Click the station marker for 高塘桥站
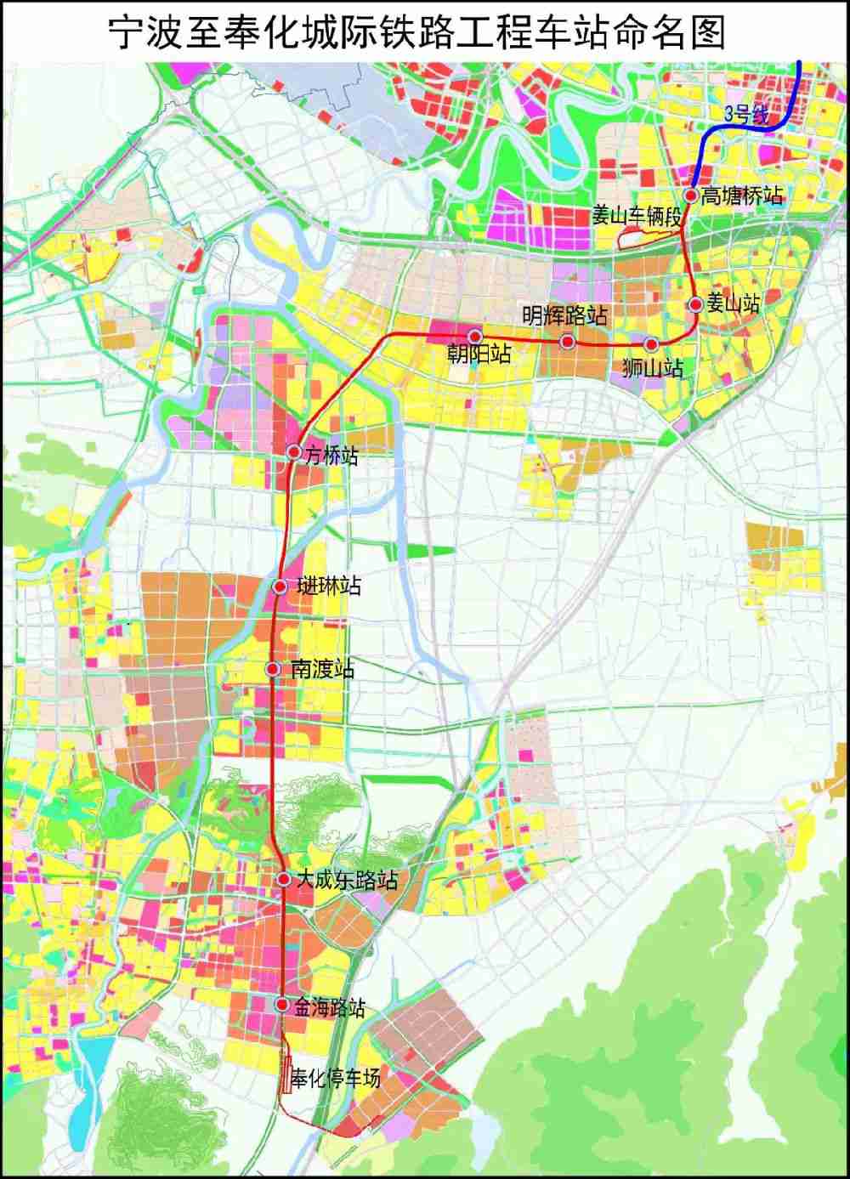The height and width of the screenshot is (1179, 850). point(691,196)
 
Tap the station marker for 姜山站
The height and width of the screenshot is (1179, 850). point(695,304)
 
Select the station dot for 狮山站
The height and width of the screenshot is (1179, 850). point(651,344)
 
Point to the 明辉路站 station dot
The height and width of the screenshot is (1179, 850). point(567,342)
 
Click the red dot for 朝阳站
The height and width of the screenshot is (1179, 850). point(475,337)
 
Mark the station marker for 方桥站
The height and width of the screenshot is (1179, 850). point(294,451)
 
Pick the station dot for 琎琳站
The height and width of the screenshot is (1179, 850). point(280,587)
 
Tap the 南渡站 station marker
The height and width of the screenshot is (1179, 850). point(273,669)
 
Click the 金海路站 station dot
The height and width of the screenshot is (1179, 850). point(282,1005)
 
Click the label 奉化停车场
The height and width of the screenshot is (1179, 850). point(336,1080)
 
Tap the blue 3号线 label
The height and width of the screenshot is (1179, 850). point(745,116)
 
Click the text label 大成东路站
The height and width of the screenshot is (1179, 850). point(346,879)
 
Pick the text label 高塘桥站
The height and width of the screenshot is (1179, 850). point(742,196)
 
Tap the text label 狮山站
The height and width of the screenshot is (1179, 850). point(653,369)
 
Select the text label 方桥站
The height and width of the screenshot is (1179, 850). point(331,456)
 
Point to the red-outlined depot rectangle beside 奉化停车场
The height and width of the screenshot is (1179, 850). point(286,1079)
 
